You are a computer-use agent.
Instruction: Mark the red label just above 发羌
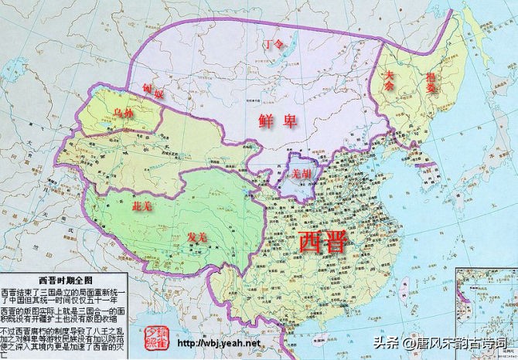click(143, 206)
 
